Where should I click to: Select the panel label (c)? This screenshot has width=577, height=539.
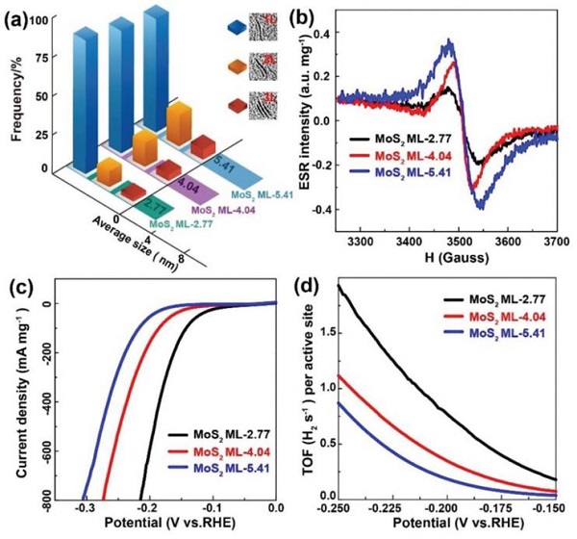click(21, 286)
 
